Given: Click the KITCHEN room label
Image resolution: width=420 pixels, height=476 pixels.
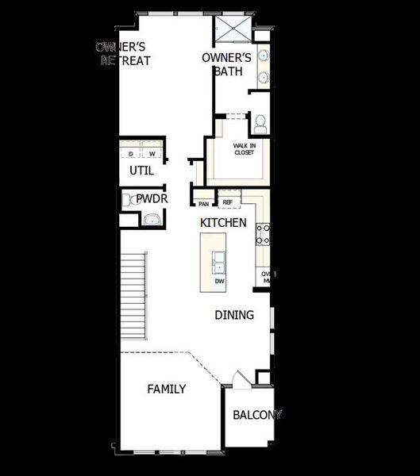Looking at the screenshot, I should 223,223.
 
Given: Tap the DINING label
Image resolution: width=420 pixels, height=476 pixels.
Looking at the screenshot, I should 234,315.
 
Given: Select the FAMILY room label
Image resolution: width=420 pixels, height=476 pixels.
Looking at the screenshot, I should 167,389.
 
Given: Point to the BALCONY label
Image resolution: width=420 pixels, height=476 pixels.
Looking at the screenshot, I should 256,415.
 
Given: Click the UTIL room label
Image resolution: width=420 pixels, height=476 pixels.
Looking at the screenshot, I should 141,171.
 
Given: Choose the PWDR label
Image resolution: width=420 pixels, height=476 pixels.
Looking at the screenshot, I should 151,199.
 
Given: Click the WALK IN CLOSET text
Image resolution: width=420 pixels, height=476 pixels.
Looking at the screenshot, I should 244,149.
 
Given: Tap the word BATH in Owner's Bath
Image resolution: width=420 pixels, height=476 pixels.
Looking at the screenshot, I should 226,71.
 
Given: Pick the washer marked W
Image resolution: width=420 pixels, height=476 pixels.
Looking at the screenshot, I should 152,153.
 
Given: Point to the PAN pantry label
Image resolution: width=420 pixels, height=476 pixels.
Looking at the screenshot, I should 204,204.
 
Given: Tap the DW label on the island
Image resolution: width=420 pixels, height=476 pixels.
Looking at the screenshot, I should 219,281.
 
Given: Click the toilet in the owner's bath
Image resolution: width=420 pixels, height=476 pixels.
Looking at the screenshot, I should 259,122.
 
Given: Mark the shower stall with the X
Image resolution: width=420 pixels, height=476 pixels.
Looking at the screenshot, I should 230,29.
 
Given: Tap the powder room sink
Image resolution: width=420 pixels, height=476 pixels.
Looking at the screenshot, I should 152,218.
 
